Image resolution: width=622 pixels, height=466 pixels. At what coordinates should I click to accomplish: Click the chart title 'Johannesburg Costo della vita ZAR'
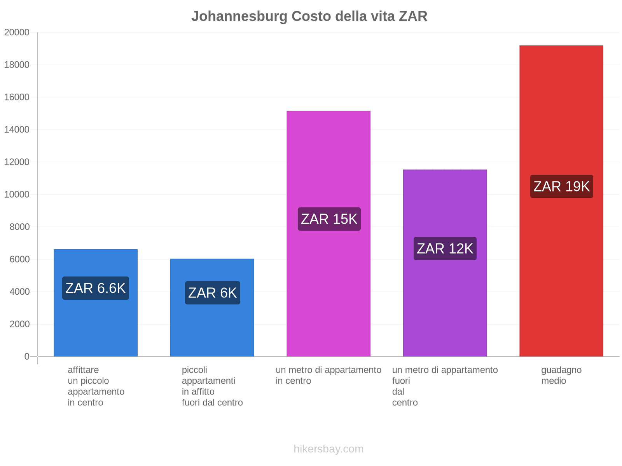[x=309, y=16]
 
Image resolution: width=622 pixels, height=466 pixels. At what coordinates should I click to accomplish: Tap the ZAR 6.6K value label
[x=96, y=288]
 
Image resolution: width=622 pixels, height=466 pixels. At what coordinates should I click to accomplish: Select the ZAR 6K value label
[x=212, y=293]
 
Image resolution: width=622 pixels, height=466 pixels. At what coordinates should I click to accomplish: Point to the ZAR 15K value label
[x=329, y=219]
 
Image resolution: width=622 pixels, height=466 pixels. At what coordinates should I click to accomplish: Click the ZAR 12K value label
[x=445, y=249]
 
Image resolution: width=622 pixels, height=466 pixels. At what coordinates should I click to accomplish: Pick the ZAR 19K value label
[x=561, y=186]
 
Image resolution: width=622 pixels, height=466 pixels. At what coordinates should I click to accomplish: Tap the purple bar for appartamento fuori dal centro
[x=445, y=311]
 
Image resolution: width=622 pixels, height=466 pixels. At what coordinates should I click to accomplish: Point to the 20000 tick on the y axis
[x=17, y=33]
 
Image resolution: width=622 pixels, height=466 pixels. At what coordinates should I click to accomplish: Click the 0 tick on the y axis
[x=27, y=356]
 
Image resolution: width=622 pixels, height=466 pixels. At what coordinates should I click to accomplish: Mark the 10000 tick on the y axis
[x=17, y=195]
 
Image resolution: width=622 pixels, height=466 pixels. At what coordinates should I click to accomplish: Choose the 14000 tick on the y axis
[x=17, y=130]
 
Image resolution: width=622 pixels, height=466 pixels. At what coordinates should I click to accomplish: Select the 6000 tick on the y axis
[x=19, y=259]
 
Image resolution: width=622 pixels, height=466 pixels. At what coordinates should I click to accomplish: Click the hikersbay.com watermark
[x=328, y=449]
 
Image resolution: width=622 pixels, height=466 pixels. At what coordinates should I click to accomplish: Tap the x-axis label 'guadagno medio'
[x=561, y=375]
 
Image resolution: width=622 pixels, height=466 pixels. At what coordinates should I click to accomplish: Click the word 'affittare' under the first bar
[x=83, y=370]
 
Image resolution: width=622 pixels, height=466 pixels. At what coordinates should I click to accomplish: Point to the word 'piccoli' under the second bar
[x=194, y=370]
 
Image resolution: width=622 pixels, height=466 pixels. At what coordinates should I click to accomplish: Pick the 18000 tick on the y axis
[x=17, y=65]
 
